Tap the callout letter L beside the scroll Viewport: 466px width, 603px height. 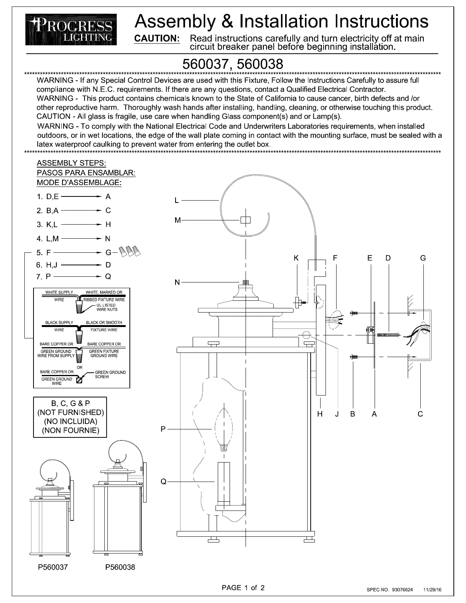pos(177,200)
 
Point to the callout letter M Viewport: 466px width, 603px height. pos(177,220)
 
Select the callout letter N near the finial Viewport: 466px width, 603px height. pos(177,282)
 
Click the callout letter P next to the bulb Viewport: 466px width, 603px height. pos(163,429)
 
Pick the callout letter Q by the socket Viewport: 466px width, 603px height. pos(163,482)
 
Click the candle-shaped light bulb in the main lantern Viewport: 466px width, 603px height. pos(224,429)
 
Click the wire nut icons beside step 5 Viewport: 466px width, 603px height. pos(130,251)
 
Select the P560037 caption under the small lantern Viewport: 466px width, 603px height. pos(53,567)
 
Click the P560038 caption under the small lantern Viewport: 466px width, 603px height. pos(120,567)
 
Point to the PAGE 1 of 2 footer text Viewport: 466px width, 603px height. pos(243,587)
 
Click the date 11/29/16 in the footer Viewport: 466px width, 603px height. pos(432,590)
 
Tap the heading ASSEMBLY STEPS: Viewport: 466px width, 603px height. pos(71,163)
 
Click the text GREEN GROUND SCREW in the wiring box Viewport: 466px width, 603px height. pos(110,374)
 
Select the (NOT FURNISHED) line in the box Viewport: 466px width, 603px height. pos(70,412)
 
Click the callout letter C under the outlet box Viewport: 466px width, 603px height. pos(420,414)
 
